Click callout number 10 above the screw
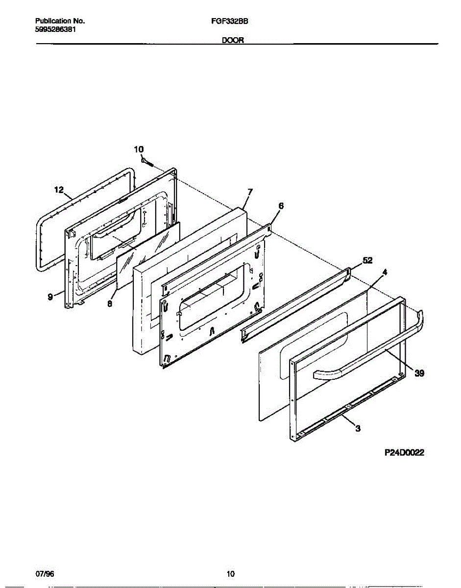click(x=139, y=149)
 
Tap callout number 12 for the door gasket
click(x=59, y=189)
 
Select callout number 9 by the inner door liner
click(x=50, y=297)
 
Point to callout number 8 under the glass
click(x=110, y=304)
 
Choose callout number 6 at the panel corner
click(x=281, y=206)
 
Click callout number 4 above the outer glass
click(x=385, y=272)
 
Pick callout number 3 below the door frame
click(x=358, y=429)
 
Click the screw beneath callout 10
click(x=147, y=161)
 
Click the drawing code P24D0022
click(x=404, y=453)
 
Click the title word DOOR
click(x=233, y=42)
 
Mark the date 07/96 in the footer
click(x=45, y=574)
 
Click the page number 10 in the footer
click(x=231, y=574)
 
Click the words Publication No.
click(x=60, y=22)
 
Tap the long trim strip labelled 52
click(x=294, y=304)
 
